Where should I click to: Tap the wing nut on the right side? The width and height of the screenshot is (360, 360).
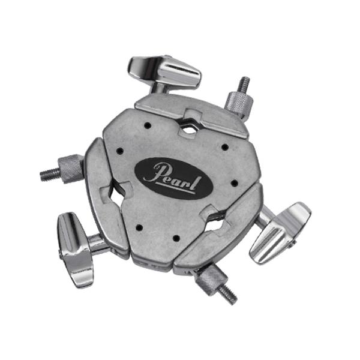pos(279,231)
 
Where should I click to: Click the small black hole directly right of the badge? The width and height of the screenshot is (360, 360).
pos(229,183)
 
